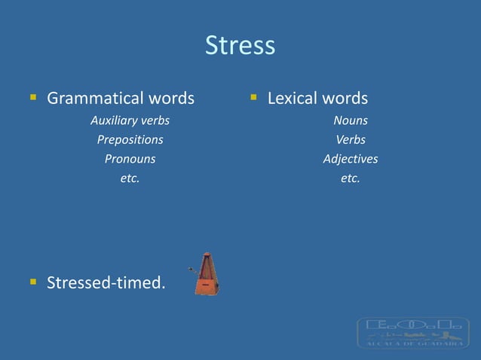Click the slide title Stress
click(240, 46)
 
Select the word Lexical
click(293, 99)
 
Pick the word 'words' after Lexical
click(345, 99)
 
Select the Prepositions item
click(130, 139)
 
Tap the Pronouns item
click(130, 159)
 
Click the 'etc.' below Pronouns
click(130, 178)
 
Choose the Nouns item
click(351, 120)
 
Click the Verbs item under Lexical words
click(351, 139)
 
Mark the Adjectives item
click(351, 159)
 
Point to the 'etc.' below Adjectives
click(351, 178)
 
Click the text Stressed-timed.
click(106, 283)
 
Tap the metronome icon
click(202, 273)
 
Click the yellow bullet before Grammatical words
click(33, 98)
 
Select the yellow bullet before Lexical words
click(254, 98)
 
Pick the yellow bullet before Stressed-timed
click(33, 282)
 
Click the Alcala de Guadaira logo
click(412, 332)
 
